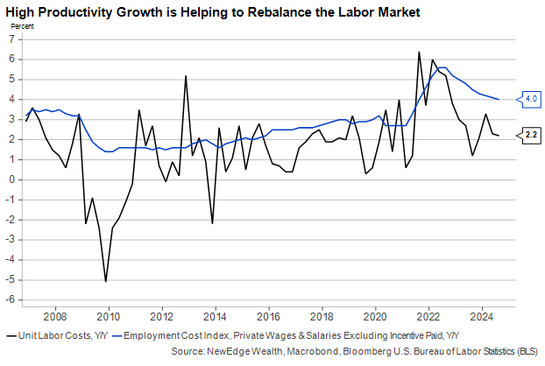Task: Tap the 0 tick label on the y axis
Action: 13,179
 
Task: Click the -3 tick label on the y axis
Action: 11,240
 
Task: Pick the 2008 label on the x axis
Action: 56,315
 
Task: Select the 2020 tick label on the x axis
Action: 375,315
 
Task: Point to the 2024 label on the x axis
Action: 481,315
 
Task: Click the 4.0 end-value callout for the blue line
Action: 532,99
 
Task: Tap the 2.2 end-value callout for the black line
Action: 532,135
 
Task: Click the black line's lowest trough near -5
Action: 106,281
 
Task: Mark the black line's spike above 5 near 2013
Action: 186,75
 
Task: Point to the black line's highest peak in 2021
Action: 419,52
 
